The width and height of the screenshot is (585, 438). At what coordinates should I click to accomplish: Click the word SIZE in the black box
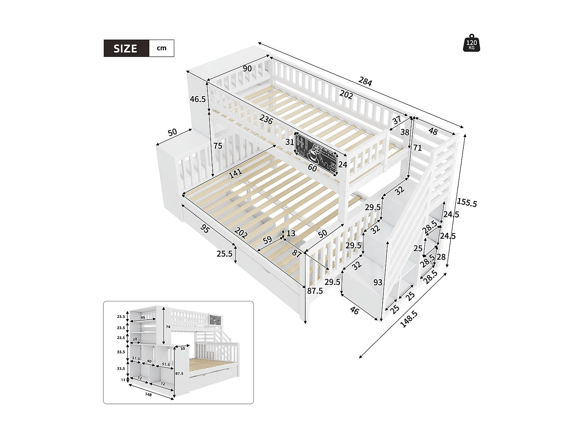126,49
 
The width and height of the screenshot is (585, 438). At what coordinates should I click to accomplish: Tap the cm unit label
161,48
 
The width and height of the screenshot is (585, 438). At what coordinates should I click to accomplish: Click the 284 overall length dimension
365,81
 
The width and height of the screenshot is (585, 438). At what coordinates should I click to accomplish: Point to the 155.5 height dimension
467,202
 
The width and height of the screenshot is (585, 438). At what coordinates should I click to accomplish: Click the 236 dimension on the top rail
266,119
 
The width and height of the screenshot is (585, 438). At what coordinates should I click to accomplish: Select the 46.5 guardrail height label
198,99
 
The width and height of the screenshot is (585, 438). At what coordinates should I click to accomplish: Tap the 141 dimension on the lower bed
236,173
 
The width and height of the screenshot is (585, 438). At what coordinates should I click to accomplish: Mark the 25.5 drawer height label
225,254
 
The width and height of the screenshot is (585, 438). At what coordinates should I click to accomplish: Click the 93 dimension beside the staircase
378,283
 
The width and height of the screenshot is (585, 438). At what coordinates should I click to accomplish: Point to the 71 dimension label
417,148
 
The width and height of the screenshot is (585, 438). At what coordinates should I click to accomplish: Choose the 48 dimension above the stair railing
433,131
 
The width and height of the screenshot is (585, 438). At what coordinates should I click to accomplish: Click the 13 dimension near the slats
291,234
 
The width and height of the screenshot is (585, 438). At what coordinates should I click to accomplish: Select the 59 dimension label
267,240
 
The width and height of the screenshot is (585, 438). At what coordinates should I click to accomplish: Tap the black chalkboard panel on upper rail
316,154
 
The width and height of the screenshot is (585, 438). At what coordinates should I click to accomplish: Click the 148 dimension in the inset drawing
149,394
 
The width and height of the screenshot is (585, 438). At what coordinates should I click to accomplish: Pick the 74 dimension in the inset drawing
168,327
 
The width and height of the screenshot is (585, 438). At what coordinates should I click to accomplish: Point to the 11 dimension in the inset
123,380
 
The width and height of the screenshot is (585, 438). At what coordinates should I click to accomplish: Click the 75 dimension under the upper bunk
218,146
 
